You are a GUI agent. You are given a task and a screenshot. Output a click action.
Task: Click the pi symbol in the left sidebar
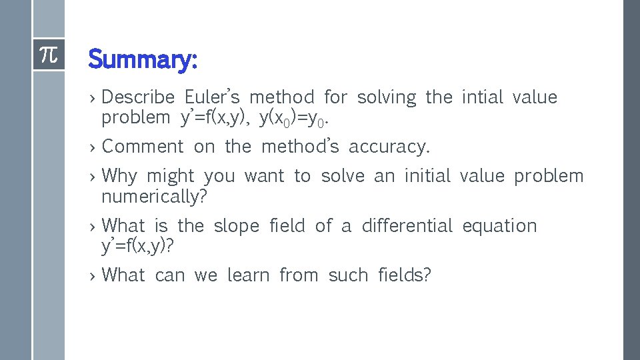coord(49,55)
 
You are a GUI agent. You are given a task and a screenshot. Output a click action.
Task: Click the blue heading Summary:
coord(143,59)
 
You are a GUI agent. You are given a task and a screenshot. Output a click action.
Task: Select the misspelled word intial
coord(482,97)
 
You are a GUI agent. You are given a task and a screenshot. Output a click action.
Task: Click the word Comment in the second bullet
coord(143,146)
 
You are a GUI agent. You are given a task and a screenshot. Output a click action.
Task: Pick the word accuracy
coord(389,147)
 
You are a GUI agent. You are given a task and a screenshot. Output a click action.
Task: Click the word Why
coord(119,176)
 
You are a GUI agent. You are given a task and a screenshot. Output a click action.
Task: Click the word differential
coord(407,226)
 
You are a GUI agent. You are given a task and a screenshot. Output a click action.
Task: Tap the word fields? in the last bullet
coord(405,275)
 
